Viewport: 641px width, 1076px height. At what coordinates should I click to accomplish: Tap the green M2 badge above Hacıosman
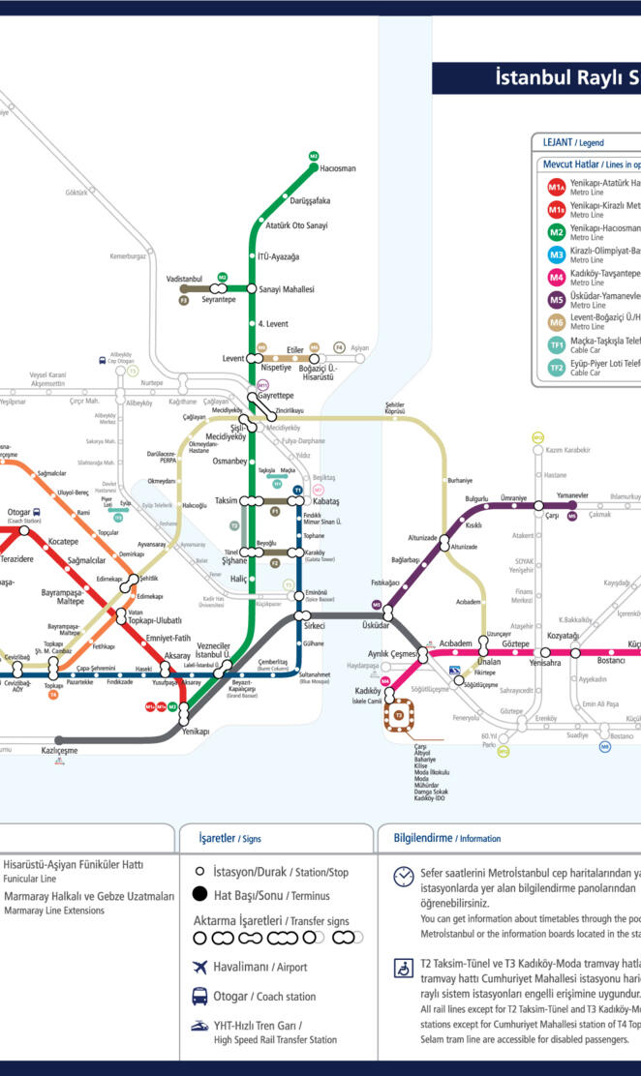[x=314, y=155]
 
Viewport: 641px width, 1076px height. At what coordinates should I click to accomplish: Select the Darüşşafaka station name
[x=310, y=200]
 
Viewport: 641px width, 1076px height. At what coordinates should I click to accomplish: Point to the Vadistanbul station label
[x=184, y=278]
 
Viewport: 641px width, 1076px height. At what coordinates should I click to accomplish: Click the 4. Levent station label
[x=276, y=322]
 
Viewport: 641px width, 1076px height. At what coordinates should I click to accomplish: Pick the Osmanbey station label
[x=229, y=461]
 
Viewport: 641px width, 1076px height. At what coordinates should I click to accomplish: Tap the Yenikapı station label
[x=196, y=732]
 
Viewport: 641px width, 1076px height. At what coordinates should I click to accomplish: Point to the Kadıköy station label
[x=368, y=691]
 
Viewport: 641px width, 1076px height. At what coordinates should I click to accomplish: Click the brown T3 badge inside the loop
[x=399, y=715]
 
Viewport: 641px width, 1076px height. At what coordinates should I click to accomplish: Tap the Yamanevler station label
[x=572, y=495]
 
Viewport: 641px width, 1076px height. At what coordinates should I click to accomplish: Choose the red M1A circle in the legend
[x=557, y=187]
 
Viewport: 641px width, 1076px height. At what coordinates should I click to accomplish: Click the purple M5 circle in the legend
[x=557, y=299]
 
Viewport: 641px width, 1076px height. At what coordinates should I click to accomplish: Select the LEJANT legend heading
[x=558, y=142]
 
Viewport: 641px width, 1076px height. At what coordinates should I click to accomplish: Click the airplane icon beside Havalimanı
[x=200, y=968]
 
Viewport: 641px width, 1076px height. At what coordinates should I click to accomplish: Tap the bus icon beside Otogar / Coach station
[x=199, y=996]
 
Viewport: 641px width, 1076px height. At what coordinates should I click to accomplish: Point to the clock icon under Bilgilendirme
[x=403, y=876]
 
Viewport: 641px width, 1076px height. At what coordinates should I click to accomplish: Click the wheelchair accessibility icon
[x=403, y=969]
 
